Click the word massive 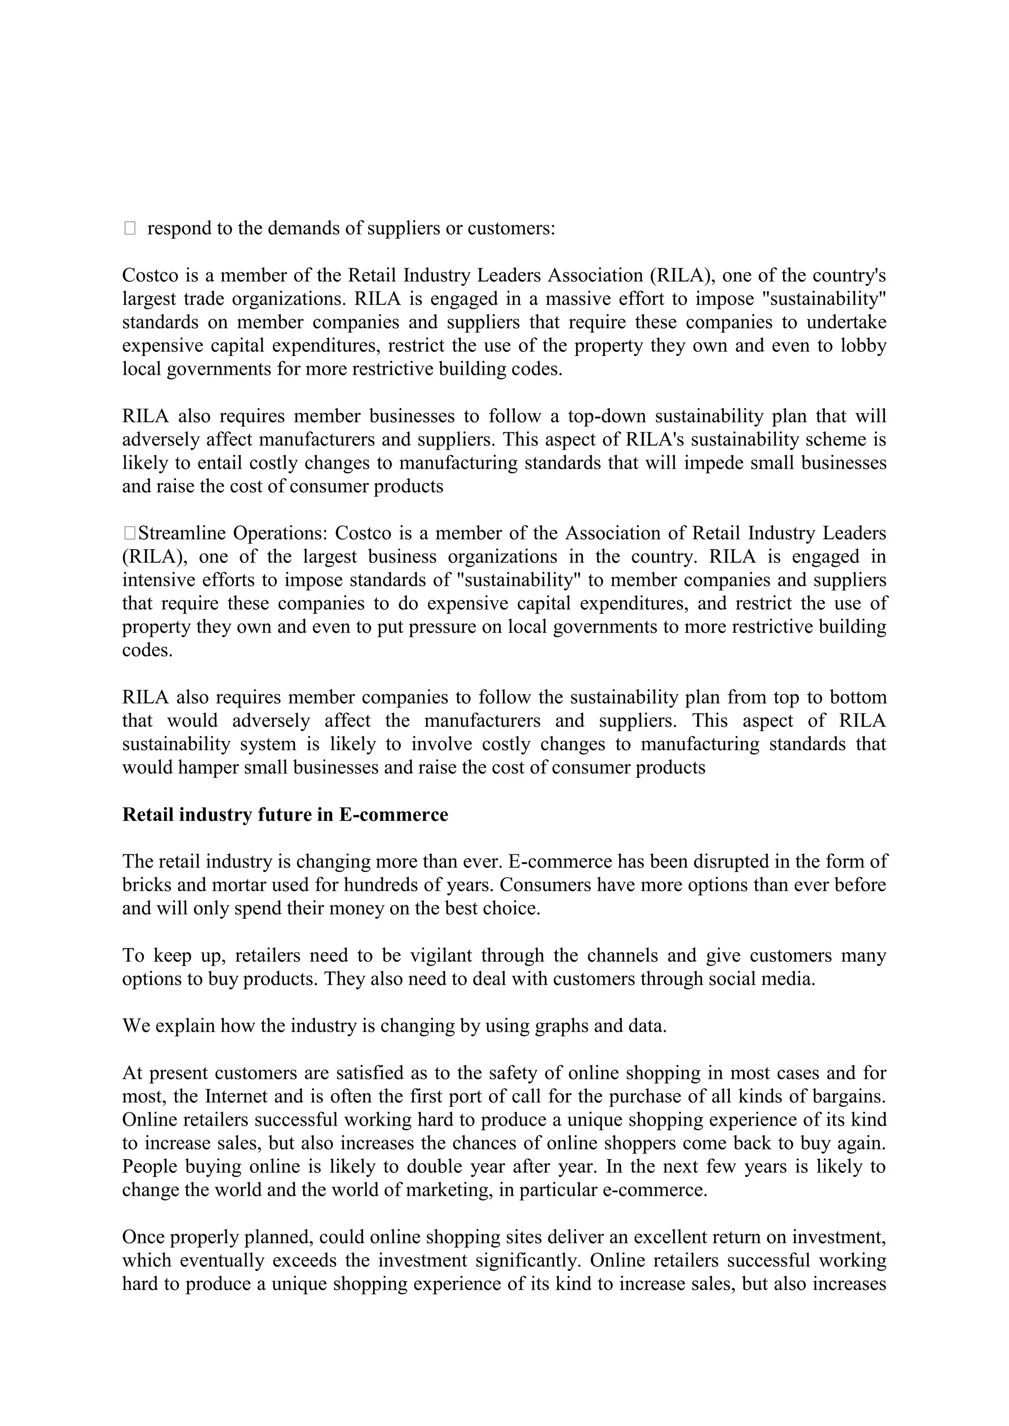tap(574, 299)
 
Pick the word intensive tap(157, 580)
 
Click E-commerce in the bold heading tap(393, 814)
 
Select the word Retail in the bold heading tap(147, 814)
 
